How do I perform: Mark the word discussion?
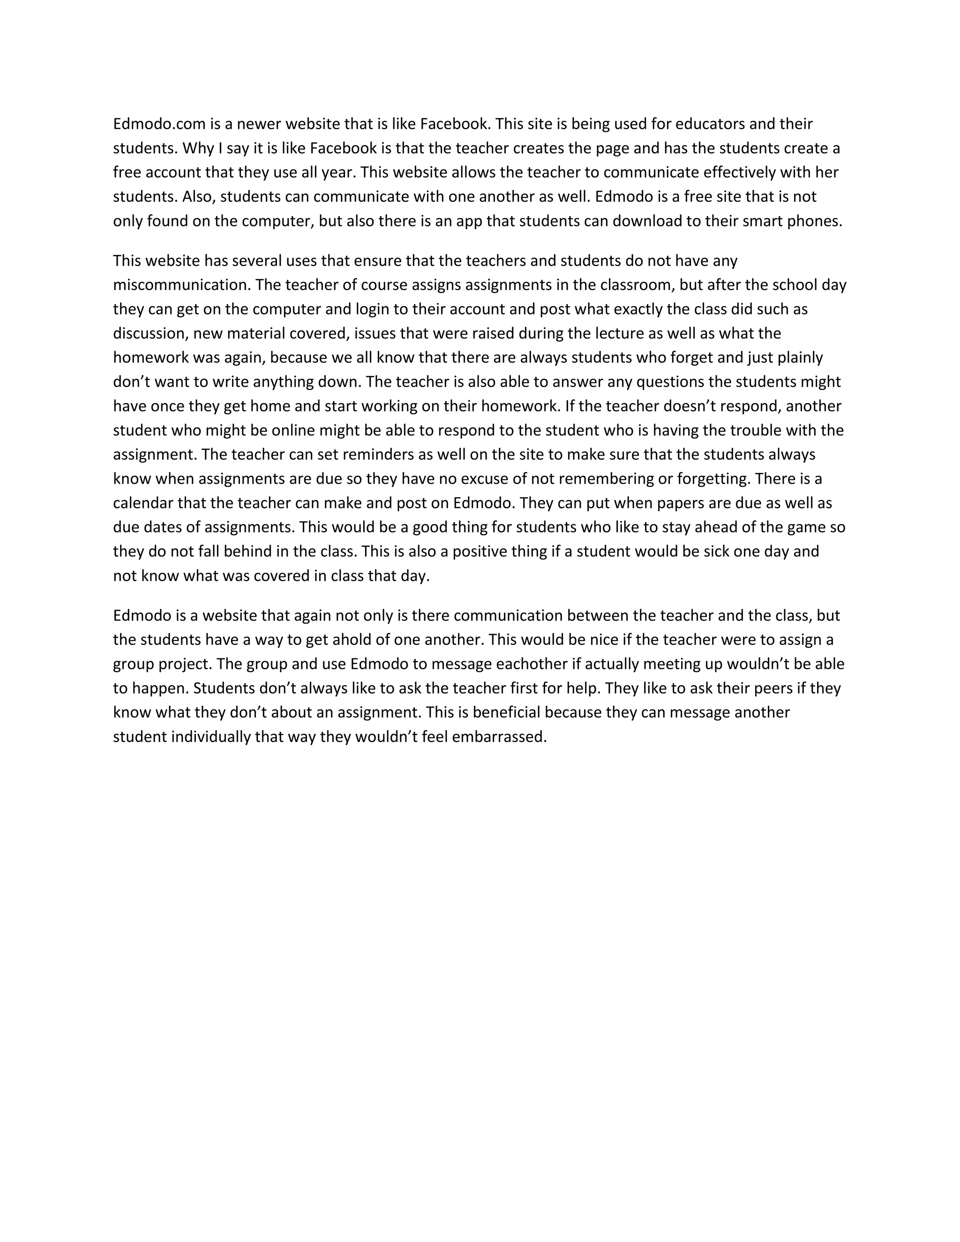149,333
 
